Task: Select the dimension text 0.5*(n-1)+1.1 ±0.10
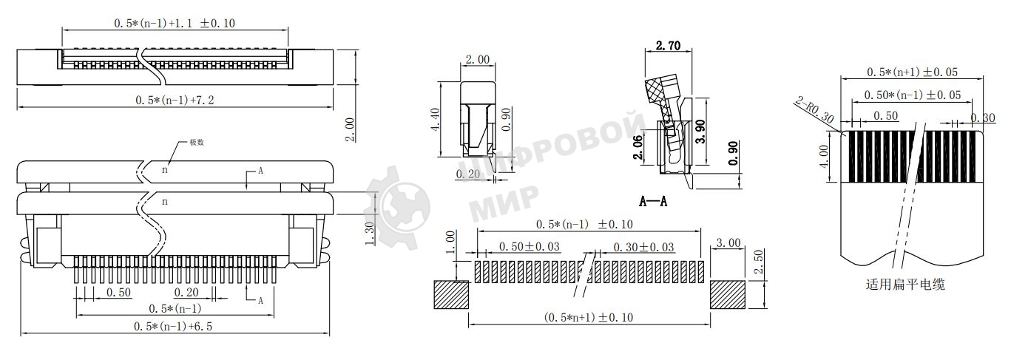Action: coord(175,23)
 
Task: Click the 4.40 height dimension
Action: coord(435,118)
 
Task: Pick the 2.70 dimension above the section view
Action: coord(669,46)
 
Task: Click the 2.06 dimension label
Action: coord(638,148)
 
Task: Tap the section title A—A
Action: coord(653,201)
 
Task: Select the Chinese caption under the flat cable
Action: coord(905,284)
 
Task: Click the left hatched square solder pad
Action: coord(450,295)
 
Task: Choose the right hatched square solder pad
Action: coord(729,295)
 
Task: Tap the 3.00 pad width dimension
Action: coord(729,243)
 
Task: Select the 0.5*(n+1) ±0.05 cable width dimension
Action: coord(912,72)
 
